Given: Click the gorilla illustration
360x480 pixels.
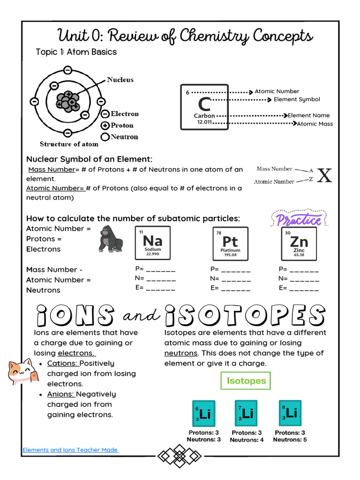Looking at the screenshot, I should (x=111, y=239).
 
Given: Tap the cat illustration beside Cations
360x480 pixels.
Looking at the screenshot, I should (x=21, y=372).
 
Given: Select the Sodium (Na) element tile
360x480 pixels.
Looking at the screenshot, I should (x=153, y=243).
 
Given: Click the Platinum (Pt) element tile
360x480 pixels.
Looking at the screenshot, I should (x=230, y=243).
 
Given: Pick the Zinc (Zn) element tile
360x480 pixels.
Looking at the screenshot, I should (x=299, y=243).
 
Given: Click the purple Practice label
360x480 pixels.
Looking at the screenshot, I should (x=299, y=219).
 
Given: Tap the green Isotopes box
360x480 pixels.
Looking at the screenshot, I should (x=246, y=381).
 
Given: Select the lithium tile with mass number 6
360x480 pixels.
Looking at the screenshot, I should (x=203, y=413).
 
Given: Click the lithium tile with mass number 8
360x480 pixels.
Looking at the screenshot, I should (x=290, y=413).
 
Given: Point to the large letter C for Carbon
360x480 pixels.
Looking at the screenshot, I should (x=204, y=104).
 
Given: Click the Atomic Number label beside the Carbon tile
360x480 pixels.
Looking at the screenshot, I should (x=277, y=91).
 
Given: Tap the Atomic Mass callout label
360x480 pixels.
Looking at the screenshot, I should (x=315, y=124).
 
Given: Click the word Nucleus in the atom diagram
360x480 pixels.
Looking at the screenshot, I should (x=120, y=80).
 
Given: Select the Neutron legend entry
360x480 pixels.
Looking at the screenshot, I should (x=124, y=137).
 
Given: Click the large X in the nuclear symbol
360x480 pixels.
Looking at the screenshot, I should (x=324, y=175).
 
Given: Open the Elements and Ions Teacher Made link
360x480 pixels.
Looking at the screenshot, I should (x=70, y=450).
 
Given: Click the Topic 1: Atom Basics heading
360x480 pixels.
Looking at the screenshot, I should (x=76, y=52).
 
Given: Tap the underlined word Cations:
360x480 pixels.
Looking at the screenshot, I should (x=62, y=363).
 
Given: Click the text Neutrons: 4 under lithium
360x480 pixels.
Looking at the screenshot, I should (x=247, y=440).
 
